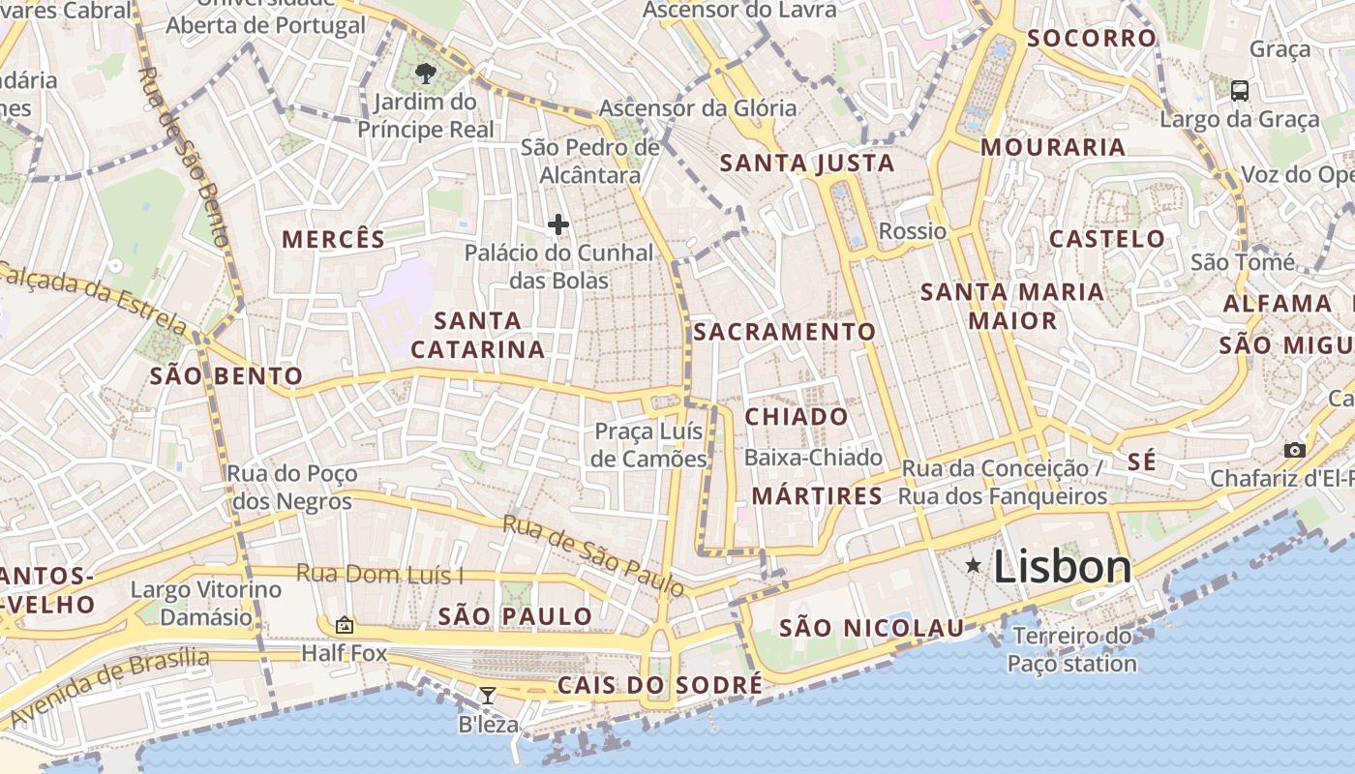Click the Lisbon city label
(x=1062, y=567)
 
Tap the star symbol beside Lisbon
(x=974, y=566)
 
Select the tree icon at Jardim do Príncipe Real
(x=425, y=73)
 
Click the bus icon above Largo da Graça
(x=1240, y=91)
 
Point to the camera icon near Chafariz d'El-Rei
(x=1294, y=450)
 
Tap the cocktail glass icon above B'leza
(x=488, y=695)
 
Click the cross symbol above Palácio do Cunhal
(x=558, y=225)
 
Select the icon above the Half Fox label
(x=345, y=625)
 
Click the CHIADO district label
(x=797, y=417)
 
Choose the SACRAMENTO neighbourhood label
(x=785, y=332)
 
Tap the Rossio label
(x=912, y=231)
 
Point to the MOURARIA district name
(x=1053, y=148)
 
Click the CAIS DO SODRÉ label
(x=660, y=686)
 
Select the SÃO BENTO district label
(x=226, y=376)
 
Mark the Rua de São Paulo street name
(x=593, y=555)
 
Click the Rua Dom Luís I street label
(x=379, y=574)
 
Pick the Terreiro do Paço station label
(x=1071, y=650)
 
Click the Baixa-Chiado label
(x=813, y=458)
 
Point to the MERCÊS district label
(x=333, y=240)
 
